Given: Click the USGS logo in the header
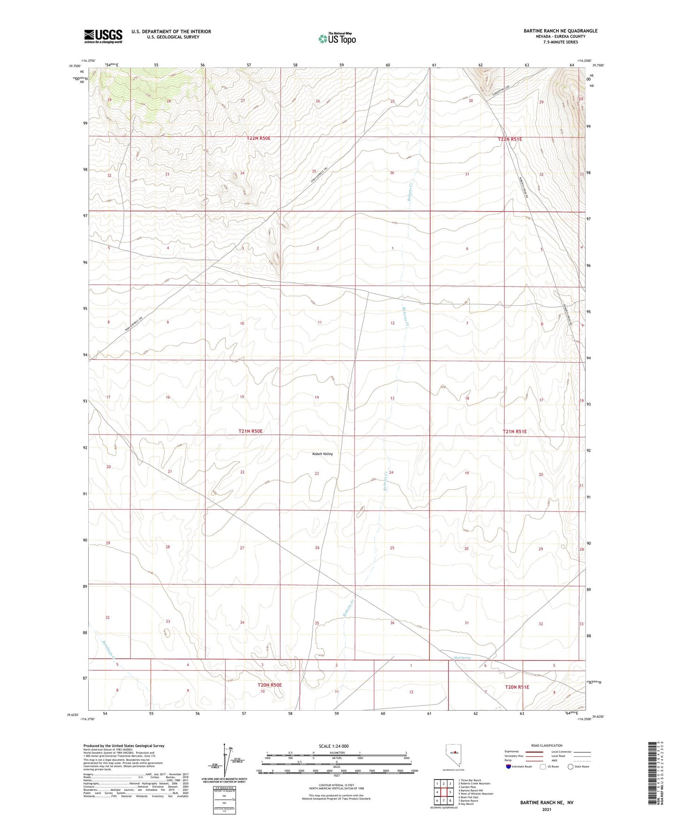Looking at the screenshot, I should tap(103, 36).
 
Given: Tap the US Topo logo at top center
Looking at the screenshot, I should tap(336, 38).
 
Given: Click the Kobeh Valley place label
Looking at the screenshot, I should tap(322, 454).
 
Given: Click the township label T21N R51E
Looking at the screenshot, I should tap(514, 431).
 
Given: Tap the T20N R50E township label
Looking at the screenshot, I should tap(270, 685).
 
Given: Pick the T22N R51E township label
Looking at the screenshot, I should tap(510, 139).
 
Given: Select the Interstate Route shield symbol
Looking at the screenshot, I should tap(509, 766).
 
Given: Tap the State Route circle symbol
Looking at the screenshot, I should tap(570, 766).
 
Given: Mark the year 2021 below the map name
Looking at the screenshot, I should tap(546, 810).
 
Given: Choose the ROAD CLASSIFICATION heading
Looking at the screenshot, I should tap(547, 745).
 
